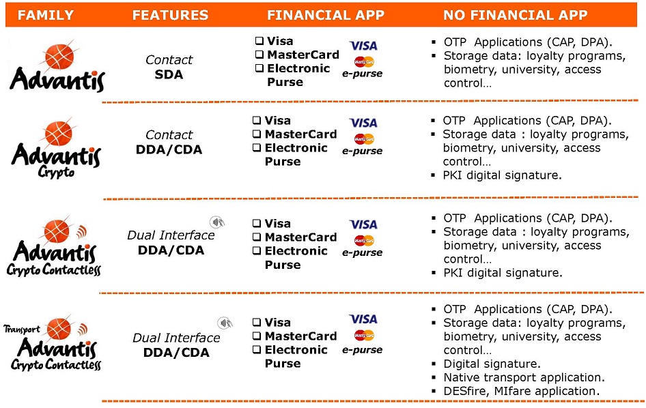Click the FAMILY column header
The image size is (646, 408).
click(x=45, y=15)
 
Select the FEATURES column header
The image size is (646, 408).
click(x=170, y=15)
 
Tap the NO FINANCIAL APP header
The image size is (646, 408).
click(x=515, y=15)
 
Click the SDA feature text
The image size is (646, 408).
click(x=169, y=74)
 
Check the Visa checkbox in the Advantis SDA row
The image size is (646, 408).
click(x=259, y=41)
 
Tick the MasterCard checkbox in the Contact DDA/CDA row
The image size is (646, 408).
click(x=257, y=134)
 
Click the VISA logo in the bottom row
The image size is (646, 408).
click(x=363, y=319)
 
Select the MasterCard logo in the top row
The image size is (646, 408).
click(x=364, y=62)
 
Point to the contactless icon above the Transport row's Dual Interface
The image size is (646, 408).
click(x=225, y=322)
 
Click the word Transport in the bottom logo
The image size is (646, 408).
click(x=22, y=329)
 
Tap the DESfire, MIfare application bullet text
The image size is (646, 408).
click(x=521, y=391)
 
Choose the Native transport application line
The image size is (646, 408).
click(x=524, y=377)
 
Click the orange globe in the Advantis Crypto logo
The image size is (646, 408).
click(x=59, y=133)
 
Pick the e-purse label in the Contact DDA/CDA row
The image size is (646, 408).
click(x=362, y=151)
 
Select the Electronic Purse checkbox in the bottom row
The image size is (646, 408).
click(x=257, y=349)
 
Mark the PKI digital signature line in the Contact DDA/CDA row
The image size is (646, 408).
click(x=502, y=175)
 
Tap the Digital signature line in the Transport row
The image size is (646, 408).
click(x=492, y=364)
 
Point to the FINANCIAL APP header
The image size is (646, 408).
click(x=326, y=15)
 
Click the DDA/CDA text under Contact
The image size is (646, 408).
click(x=169, y=149)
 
